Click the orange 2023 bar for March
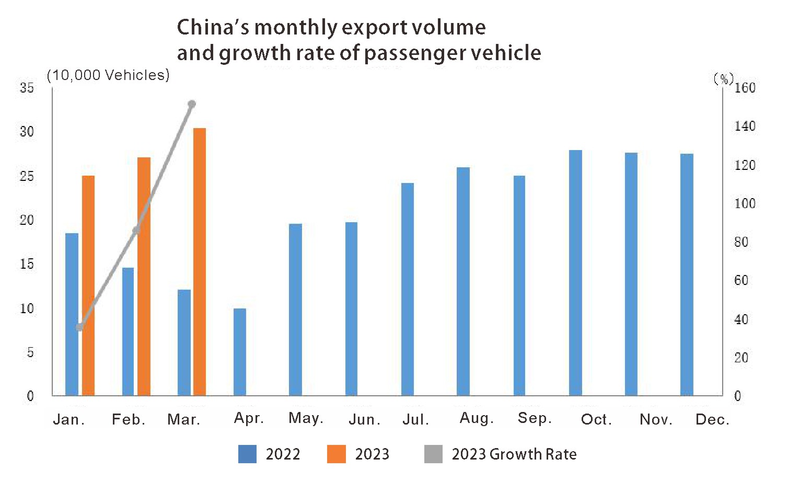(200, 261)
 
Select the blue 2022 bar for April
(240, 352)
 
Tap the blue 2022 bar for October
(575, 272)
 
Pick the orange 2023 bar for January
(88, 285)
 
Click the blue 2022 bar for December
(687, 274)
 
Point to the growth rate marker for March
(192, 105)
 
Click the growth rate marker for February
(136, 231)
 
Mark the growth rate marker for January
(79, 327)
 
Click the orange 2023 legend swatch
(337, 454)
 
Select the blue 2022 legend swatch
(247, 454)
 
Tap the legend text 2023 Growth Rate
(514, 454)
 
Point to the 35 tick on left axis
(27, 88)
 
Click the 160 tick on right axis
(745, 88)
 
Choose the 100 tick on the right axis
(745, 203)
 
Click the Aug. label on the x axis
(477, 418)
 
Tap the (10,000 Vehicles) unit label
(108, 75)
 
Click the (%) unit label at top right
(723, 78)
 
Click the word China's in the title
(213, 27)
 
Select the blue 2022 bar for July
(408, 289)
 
